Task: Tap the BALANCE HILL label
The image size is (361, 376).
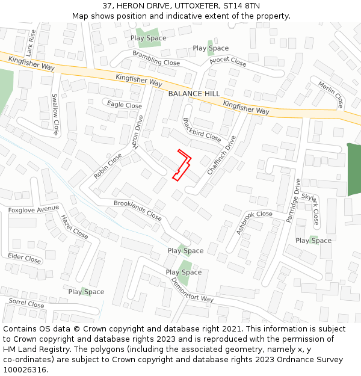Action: [194, 94]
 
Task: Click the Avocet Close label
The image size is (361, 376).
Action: [228, 61]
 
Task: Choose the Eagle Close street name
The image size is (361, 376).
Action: [125, 105]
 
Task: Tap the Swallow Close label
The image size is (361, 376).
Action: [55, 114]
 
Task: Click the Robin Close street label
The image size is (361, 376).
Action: [108, 165]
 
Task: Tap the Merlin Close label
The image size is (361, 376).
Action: [331, 94]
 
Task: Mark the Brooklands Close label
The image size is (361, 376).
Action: [138, 210]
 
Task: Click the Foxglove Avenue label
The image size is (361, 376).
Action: [34, 209]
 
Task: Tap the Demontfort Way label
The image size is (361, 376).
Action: [193, 291]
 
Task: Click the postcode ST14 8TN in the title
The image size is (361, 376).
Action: [241, 6]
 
